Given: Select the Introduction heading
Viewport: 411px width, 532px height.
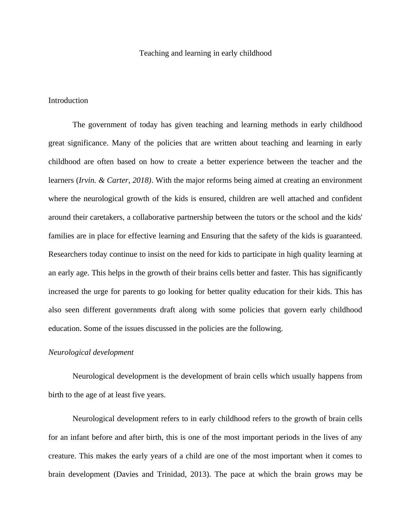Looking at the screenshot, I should (68, 101).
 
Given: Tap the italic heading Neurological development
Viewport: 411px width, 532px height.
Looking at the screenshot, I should (91, 352).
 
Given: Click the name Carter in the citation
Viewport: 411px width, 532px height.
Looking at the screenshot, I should (117, 180).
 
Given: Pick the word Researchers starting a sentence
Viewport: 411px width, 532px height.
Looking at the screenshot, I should (68, 255).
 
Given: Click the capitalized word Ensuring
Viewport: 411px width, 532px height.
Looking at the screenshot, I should (215, 236).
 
